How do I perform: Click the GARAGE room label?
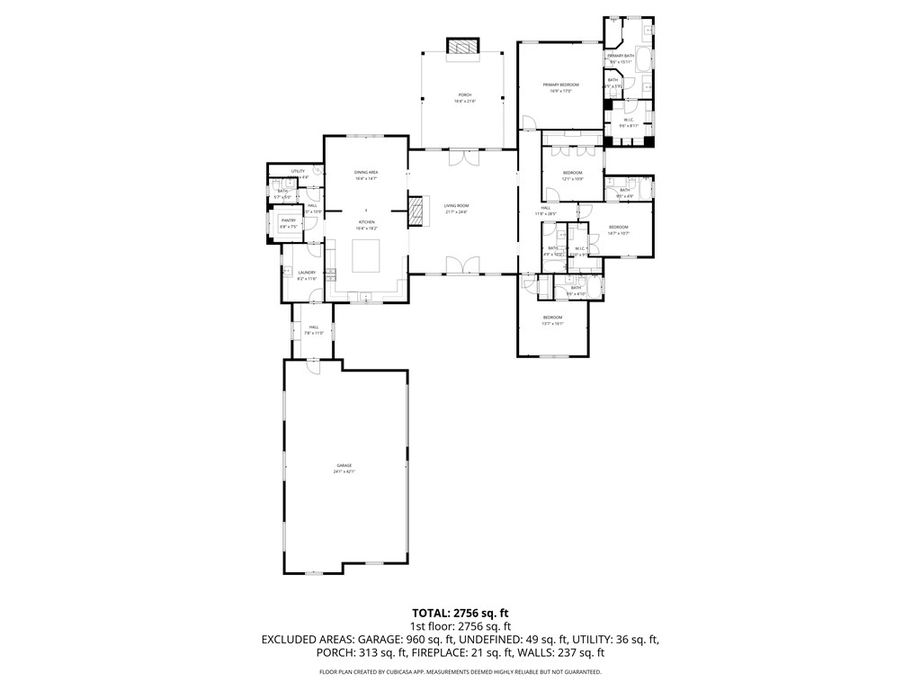point(344,465)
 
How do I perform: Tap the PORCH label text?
point(465,94)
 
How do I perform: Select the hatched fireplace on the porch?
point(464,47)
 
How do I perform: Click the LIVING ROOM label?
point(456,205)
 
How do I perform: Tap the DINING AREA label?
point(365,172)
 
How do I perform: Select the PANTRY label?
point(289,220)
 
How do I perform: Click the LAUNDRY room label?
point(307,273)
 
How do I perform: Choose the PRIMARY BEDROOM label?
point(560,85)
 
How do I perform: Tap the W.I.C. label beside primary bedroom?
point(629,120)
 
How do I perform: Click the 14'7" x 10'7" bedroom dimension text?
point(618,233)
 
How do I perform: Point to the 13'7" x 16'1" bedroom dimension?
point(552,323)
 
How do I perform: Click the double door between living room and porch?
point(464,157)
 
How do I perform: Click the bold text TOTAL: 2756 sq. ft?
point(460,612)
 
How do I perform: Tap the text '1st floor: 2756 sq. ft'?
point(460,625)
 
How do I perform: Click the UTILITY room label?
point(297,171)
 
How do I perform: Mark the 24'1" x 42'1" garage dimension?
point(344,471)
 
